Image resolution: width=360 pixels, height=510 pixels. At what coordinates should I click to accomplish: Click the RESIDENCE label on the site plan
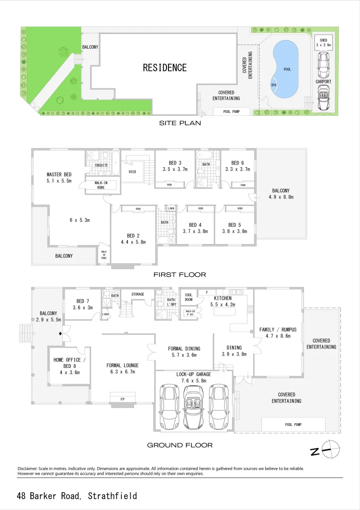[x=165, y=68]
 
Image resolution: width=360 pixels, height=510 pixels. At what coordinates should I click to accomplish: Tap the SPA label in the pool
[x=274, y=85]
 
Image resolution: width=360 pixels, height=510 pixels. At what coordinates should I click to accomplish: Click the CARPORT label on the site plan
[x=323, y=82]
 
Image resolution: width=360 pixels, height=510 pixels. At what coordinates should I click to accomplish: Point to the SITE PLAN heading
[x=180, y=123]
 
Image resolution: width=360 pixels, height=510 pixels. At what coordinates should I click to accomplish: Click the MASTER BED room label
[x=59, y=174]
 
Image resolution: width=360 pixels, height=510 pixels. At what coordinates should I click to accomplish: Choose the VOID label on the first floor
[x=132, y=172]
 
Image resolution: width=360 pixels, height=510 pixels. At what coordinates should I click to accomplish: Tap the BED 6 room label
[x=237, y=163]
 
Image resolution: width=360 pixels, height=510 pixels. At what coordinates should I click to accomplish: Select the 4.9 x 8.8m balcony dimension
[x=281, y=197]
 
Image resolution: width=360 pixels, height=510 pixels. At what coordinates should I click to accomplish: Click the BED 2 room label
[x=133, y=236]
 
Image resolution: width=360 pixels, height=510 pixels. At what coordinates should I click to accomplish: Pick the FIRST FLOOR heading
[x=180, y=274]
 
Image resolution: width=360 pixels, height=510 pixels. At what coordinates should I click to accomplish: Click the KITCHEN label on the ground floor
[x=223, y=298]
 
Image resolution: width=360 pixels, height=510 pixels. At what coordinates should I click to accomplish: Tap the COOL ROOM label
[x=189, y=297]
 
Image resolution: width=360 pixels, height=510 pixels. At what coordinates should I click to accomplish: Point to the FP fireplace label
[x=123, y=399]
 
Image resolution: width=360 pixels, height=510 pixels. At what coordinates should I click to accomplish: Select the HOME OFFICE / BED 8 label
[x=67, y=363]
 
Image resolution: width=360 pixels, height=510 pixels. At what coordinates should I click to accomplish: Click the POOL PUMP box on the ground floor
[x=293, y=425]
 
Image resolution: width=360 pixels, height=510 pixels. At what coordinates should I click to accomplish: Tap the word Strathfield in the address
[x=114, y=496]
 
